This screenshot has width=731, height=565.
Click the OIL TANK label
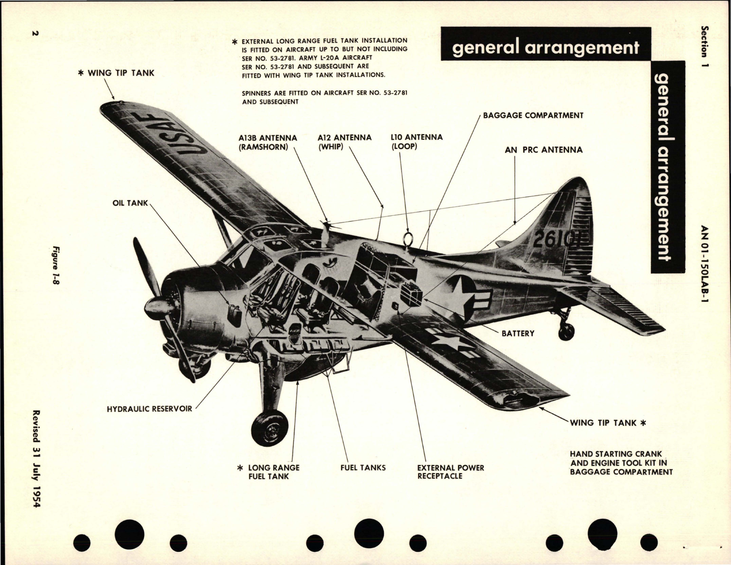tap(130, 203)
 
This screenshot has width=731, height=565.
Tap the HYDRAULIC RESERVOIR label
tap(150, 409)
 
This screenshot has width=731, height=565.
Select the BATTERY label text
tap(518, 333)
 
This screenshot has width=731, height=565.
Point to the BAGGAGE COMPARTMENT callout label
tap(533, 116)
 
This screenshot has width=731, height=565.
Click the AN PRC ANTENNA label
tap(543, 150)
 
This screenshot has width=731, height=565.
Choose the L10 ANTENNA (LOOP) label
tap(416, 142)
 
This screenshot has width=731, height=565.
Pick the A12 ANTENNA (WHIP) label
tap(344, 142)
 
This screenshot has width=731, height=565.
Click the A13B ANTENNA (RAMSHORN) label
tap(268, 142)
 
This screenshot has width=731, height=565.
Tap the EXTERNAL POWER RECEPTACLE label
tap(450, 472)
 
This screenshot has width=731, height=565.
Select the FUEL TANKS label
tap(363, 468)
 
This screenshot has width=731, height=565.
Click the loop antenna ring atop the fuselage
tap(407, 237)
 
